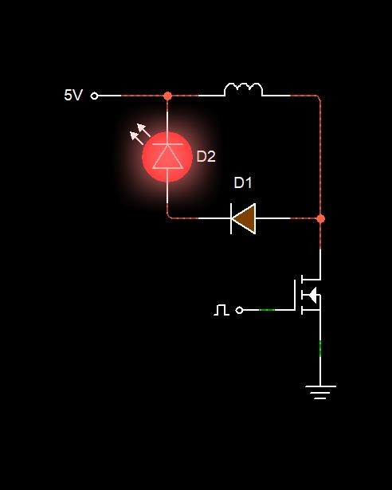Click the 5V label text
(73, 95)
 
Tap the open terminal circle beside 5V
(94, 96)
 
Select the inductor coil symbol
(243, 89)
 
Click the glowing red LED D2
(167, 157)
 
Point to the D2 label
(206, 157)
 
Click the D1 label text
(243, 182)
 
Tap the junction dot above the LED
(167, 96)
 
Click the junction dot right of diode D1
(320, 218)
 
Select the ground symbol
(320, 392)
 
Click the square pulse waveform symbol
(221, 310)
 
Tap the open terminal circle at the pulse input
(239, 310)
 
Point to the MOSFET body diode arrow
(312, 295)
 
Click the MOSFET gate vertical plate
(295, 295)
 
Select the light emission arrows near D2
(140, 134)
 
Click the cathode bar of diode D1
(231, 218)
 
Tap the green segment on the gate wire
(267, 310)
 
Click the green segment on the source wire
(320, 348)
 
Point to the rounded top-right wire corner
(319, 97)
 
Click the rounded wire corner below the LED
(169, 216)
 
